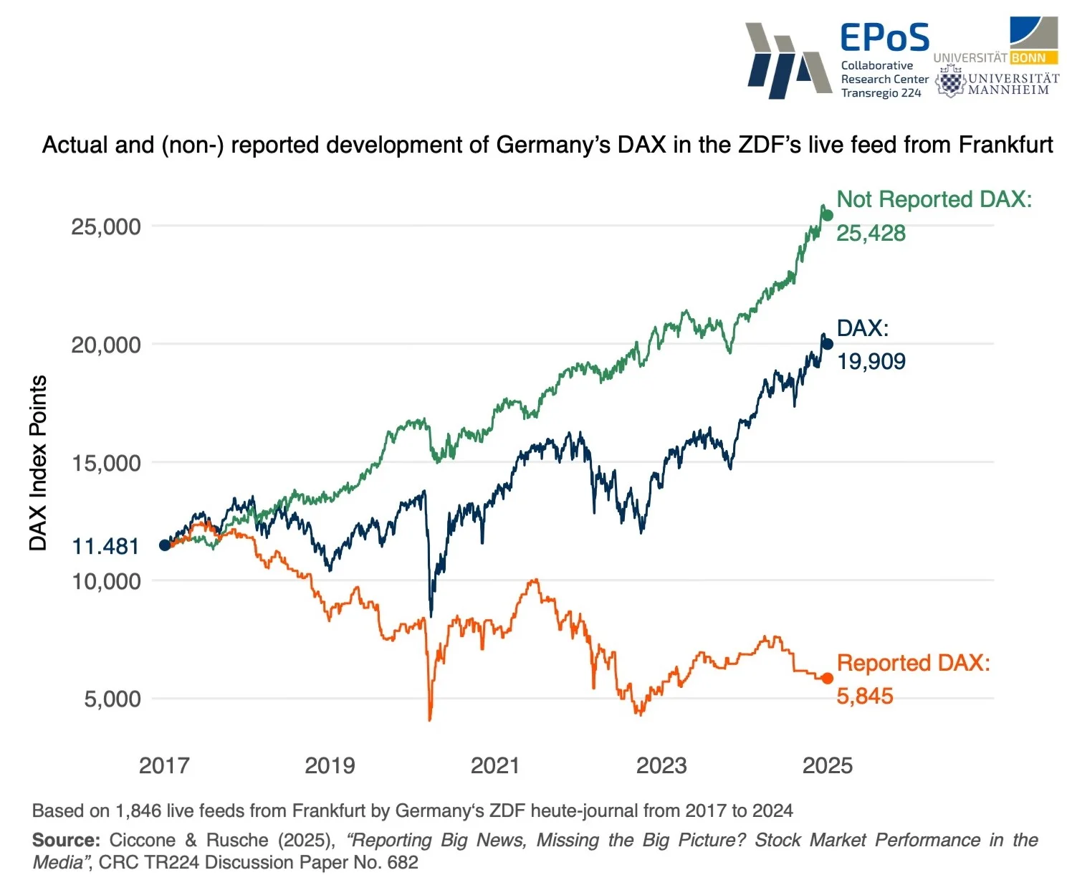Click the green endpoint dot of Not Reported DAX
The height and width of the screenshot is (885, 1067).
coord(827,216)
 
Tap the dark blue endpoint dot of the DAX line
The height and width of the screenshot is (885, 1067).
coord(827,344)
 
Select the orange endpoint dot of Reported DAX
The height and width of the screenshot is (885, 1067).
coord(827,678)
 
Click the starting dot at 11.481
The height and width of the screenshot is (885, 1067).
coord(165,545)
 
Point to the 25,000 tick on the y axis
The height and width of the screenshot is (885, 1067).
coord(106,227)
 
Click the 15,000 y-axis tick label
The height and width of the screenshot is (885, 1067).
coord(106,463)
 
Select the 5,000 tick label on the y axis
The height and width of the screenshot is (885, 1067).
coord(113,699)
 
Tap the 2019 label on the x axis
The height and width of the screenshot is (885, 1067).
coord(330,765)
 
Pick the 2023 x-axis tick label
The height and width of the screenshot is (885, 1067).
coord(661,765)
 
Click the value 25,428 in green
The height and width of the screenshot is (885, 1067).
coord(871,233)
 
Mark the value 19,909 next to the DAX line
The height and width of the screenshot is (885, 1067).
coord(871,361)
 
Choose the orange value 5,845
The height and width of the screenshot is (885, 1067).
coord(864,696)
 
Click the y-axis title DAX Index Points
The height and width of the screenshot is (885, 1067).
coord(38,463)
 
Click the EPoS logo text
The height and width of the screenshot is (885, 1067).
coord(884,38)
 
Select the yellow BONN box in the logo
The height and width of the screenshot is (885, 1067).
coord(1028,58)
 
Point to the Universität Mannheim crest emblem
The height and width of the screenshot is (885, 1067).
coord(950,82)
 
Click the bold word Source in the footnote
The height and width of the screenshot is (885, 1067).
coord(66,840)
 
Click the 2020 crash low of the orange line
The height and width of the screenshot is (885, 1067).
coord(430,719)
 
